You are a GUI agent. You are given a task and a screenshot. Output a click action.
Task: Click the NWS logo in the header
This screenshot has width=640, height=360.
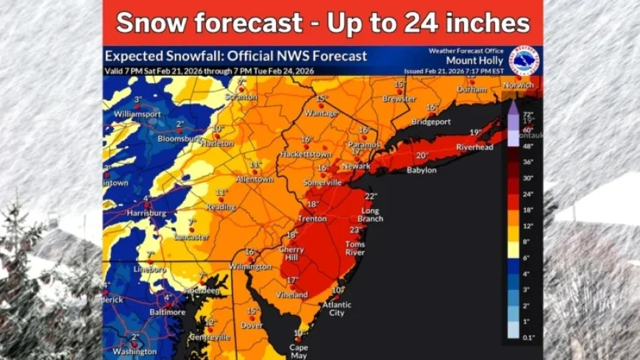coord(524,60)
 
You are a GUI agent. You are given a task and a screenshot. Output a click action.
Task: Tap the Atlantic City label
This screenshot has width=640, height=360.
coord(336,308)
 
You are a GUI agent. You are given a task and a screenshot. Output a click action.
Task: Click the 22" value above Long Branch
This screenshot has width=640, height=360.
coord(370,196)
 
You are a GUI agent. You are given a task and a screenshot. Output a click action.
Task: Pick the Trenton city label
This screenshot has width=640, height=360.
coord(312,219)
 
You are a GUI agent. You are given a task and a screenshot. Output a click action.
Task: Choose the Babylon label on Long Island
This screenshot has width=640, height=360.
coord(422,170)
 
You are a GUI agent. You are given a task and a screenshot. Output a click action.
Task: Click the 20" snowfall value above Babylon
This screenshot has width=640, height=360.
coord(422,155)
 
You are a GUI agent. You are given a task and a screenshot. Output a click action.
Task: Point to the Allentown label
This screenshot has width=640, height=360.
coord(255,179)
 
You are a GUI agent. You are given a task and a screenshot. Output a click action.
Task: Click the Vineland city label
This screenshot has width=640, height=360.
coord(292,294)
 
